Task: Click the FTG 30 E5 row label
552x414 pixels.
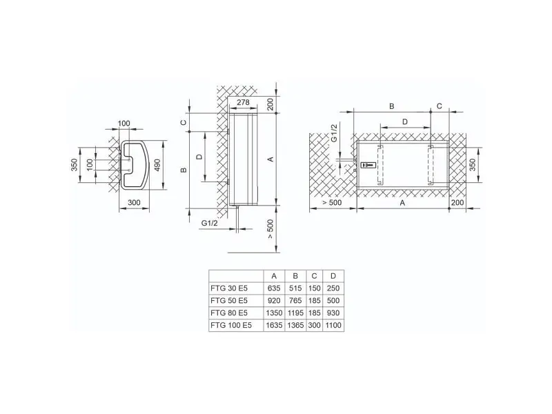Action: [x=229, y=288]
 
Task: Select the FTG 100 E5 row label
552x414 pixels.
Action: [x=231, y=325]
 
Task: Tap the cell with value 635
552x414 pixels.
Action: [x=274, y=288]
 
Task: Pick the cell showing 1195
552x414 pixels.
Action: [x=295, y=313]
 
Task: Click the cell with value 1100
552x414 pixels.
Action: [x=333, y=325]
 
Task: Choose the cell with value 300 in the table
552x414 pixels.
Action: [x=315, y=325]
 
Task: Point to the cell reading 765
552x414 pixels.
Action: [x=295, y=301]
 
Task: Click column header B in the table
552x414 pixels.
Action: [x=295, y=276]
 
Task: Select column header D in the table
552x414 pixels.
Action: [x=333, y=276]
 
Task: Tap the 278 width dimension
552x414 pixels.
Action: [x=243, y=102]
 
